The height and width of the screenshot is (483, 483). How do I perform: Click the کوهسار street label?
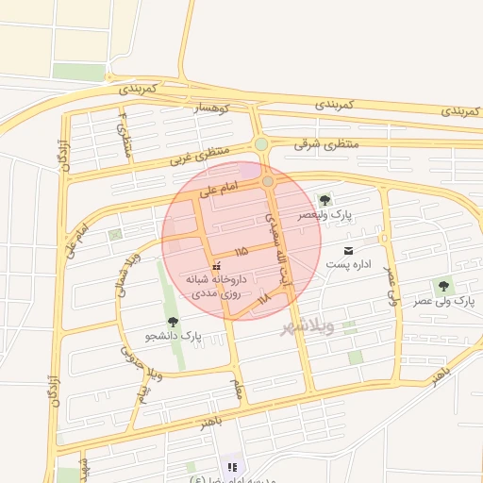pos(212,110)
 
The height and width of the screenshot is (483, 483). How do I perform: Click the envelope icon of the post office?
pos(350,250)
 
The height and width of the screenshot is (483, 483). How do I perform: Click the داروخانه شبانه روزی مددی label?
pos(218,287)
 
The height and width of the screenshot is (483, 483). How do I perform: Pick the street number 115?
pos(241,252)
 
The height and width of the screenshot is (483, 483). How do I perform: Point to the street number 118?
pos(263,298)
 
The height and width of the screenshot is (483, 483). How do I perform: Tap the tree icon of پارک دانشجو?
pos(173,322)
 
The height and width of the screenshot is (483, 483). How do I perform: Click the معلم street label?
pos(238,388)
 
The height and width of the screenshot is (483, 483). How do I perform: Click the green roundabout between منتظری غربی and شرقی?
pos(260,144)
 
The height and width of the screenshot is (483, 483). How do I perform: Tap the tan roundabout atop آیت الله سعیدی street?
pos(268,180)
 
